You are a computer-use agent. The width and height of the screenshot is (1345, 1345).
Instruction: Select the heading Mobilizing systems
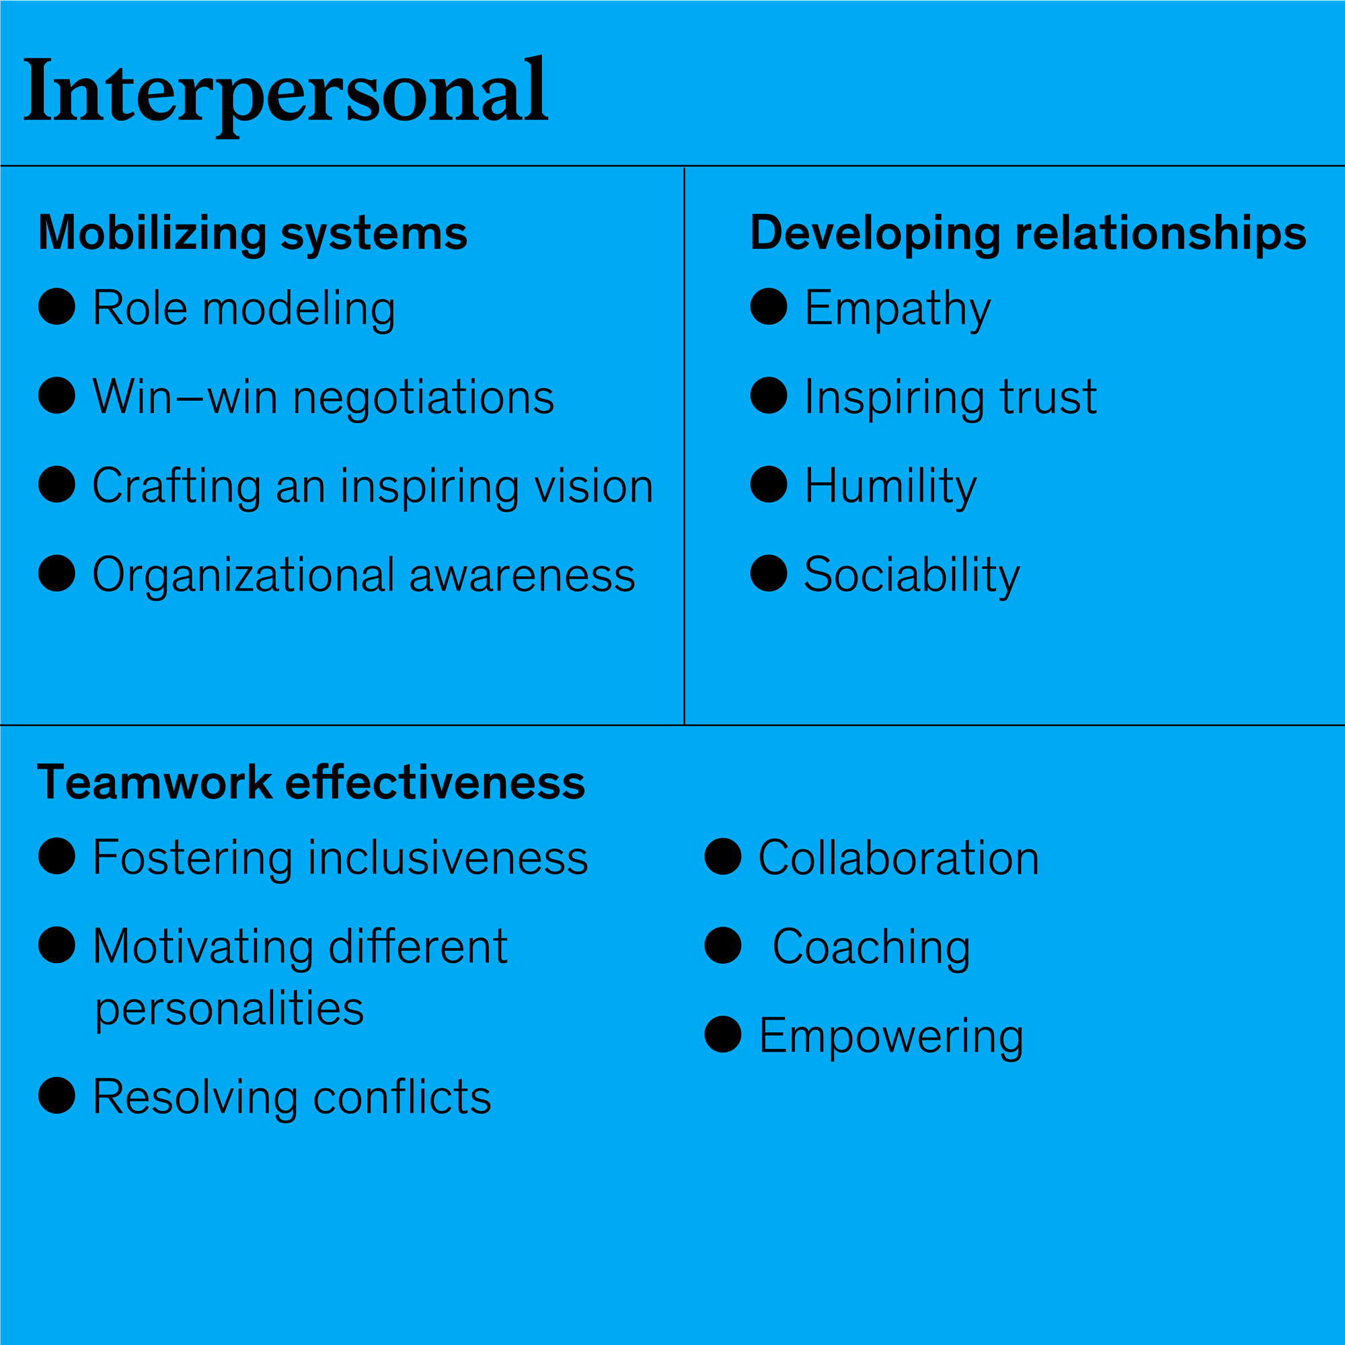pos(253,233)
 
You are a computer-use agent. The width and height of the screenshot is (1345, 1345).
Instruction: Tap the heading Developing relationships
pos(1028,233)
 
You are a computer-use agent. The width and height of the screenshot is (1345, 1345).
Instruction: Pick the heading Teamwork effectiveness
pos(311,783)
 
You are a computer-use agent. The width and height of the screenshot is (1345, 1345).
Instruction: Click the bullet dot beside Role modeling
pos(57,306)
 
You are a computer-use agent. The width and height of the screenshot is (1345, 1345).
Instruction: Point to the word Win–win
pos(184,397)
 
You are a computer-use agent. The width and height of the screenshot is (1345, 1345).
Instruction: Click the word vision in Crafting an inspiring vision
pos(594,486)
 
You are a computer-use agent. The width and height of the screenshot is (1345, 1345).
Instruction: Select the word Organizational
pos(243,575)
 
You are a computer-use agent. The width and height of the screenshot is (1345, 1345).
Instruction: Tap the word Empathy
pos(896,309)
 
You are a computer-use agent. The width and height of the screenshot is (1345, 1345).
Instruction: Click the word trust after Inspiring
pos(1048,397)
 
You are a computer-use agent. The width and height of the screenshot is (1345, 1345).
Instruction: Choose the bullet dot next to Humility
pos(769,484)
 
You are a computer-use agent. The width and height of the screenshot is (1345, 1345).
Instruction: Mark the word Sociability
pos(911,575)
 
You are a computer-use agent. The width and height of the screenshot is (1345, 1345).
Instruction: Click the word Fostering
pos(193,858)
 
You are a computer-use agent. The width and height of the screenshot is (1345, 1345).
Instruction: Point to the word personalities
pos(230,1009)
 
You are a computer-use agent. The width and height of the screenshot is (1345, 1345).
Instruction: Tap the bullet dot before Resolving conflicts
pos(57,1095)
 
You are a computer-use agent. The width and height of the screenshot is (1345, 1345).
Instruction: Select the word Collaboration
pos(898,857)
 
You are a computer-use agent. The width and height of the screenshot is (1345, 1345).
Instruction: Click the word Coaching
pos(871,948)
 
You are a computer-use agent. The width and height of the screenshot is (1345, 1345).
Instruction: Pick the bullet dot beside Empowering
pos(723,1034)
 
